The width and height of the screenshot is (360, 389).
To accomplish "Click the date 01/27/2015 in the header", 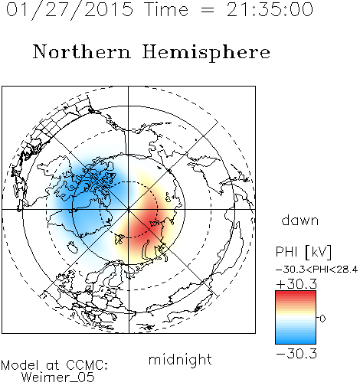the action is click(70, 10).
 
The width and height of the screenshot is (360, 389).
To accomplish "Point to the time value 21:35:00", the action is click(270, 10).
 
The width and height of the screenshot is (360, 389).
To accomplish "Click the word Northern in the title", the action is click(82, 51).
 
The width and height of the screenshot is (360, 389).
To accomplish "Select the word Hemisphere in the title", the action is click(206, 53).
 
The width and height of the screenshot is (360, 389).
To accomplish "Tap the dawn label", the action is click(300, 220).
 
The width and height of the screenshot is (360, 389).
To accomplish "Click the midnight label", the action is click(180, 359).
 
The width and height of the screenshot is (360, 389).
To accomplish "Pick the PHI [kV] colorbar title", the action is click(303, 252).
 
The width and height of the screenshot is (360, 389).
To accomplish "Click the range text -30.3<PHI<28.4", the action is click(317, 270).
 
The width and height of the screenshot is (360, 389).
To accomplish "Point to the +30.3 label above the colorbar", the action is click(296, 284).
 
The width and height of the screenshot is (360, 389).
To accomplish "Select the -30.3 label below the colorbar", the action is click(296, 354).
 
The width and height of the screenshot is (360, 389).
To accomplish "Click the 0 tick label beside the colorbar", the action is click(322, 319).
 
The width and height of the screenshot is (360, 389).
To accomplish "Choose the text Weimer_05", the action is click(57, 378).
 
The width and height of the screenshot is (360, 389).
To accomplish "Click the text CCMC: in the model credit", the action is click(87, 365).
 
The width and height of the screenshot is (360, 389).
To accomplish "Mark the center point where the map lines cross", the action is click(129, 209).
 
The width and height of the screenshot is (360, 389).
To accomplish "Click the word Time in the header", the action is click(166, 10).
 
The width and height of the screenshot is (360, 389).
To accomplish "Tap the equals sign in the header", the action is click(208, 11).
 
